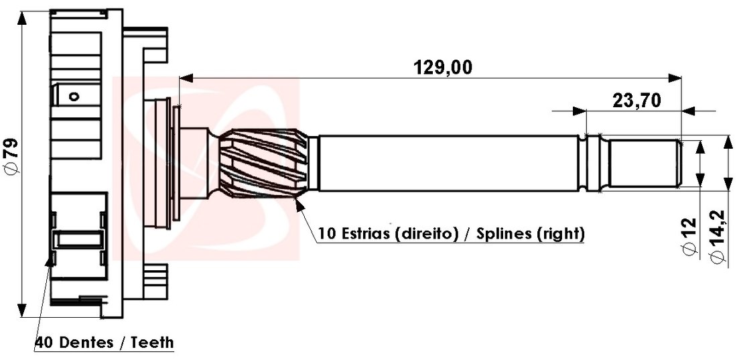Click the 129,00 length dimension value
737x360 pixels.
[x=443, y=67]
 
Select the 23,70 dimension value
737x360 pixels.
[x=636, y=101]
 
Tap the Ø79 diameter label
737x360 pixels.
[x=11, y=158]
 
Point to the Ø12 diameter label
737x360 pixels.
[x=690, y=236]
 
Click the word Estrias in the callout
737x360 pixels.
[x=365, y=234]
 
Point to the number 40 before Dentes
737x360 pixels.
[x=44, y=343]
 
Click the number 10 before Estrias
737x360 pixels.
[x=327, y=234]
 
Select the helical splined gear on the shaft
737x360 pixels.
[x=264, y=164]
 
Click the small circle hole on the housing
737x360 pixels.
[x=75, y=97]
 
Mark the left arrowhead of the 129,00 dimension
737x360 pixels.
[x=185, y=78]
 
